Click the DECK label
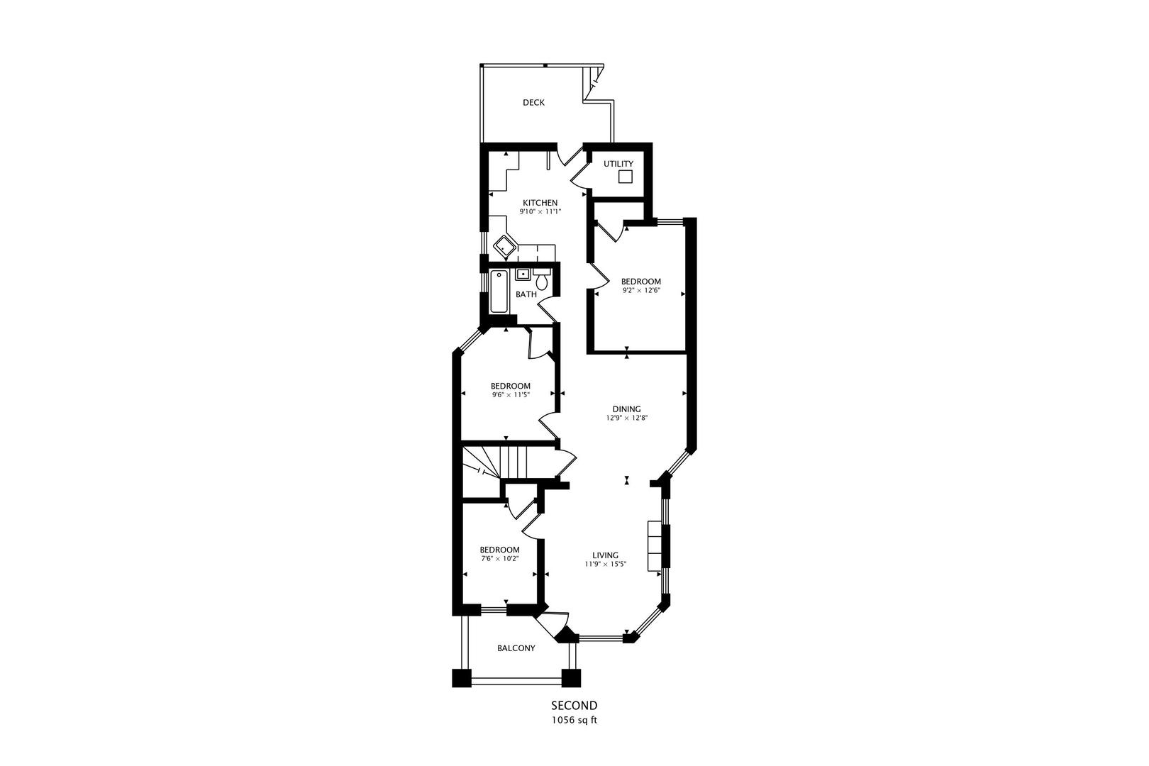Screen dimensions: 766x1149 click(533, 103)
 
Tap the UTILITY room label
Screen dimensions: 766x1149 click(618, 164)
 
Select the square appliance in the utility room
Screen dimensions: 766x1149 click(625, 177)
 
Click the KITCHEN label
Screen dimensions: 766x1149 click(540, 203)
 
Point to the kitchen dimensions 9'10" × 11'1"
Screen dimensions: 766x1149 click(540, 211)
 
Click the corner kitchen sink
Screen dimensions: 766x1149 click(506, 247)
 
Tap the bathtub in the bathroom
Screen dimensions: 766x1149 click(499, 292)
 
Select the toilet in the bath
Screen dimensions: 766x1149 click(542, 282)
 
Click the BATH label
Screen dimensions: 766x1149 click(526, 294)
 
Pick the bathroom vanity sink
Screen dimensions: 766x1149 click(523, 274)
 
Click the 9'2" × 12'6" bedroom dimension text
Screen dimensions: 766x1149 click(640, 290)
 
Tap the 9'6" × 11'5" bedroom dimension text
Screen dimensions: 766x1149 click(511, 395)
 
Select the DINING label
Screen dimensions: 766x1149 click(627, 409)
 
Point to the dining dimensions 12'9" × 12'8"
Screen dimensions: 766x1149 click(627, 418)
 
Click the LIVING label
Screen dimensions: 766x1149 click(606, 555)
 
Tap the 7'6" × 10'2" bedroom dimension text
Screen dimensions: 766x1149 click(499, 558)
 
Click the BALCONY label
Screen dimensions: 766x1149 click(516, 648)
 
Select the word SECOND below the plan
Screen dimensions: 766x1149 click(574, 706)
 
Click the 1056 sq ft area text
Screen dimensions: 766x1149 click(574, 720)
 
